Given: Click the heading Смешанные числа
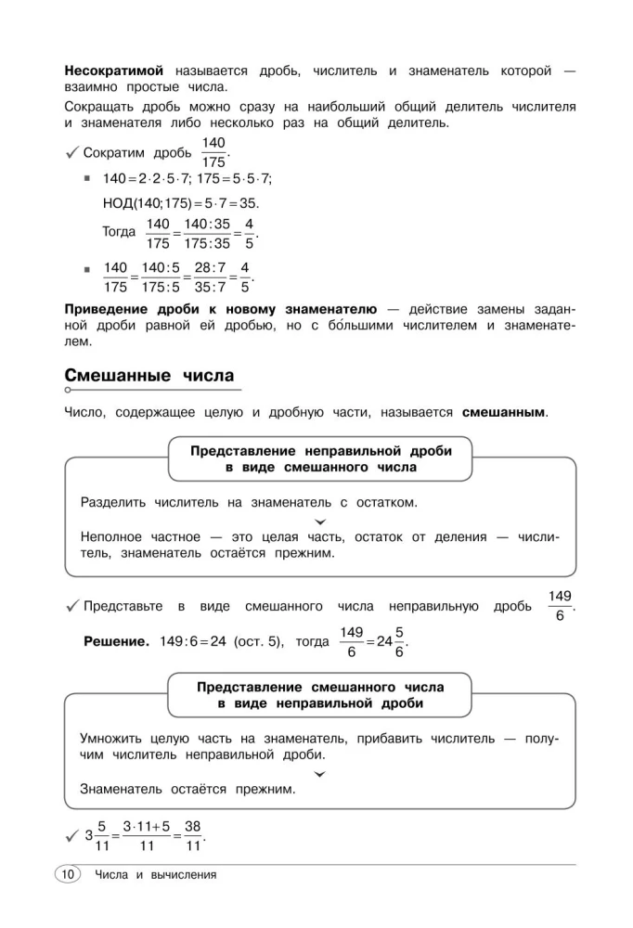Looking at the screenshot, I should (149, 376).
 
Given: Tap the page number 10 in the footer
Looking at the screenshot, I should (68, 874).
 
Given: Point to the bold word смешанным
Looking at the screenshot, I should (504, 412).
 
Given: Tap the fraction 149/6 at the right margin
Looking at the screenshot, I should (560, 606).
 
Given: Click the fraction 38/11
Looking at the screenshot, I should (193, 835).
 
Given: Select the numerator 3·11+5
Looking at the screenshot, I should (145, 825).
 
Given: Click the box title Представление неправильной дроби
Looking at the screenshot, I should (320, 450).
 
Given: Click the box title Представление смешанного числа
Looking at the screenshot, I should (320, 688).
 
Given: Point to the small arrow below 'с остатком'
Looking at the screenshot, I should (320, 522).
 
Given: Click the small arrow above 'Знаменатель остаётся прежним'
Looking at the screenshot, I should (320, 773).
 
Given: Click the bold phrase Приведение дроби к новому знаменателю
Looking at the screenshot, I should (220, 309).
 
